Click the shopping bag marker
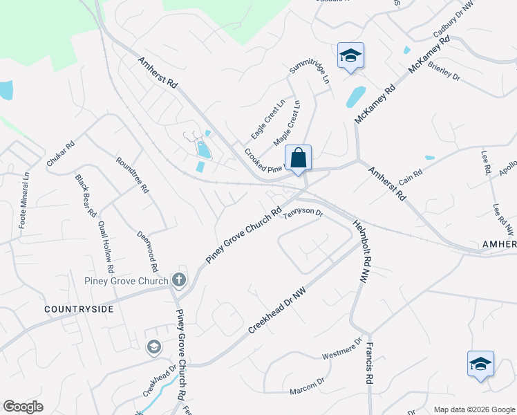298,158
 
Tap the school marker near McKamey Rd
350,56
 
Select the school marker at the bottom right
481,364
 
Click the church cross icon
179,279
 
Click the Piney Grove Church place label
126,281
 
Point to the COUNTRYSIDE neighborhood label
78,309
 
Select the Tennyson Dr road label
304,214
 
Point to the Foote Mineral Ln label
24,201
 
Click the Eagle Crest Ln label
268,119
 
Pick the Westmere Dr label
342,349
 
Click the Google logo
23,407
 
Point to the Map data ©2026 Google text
473,409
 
